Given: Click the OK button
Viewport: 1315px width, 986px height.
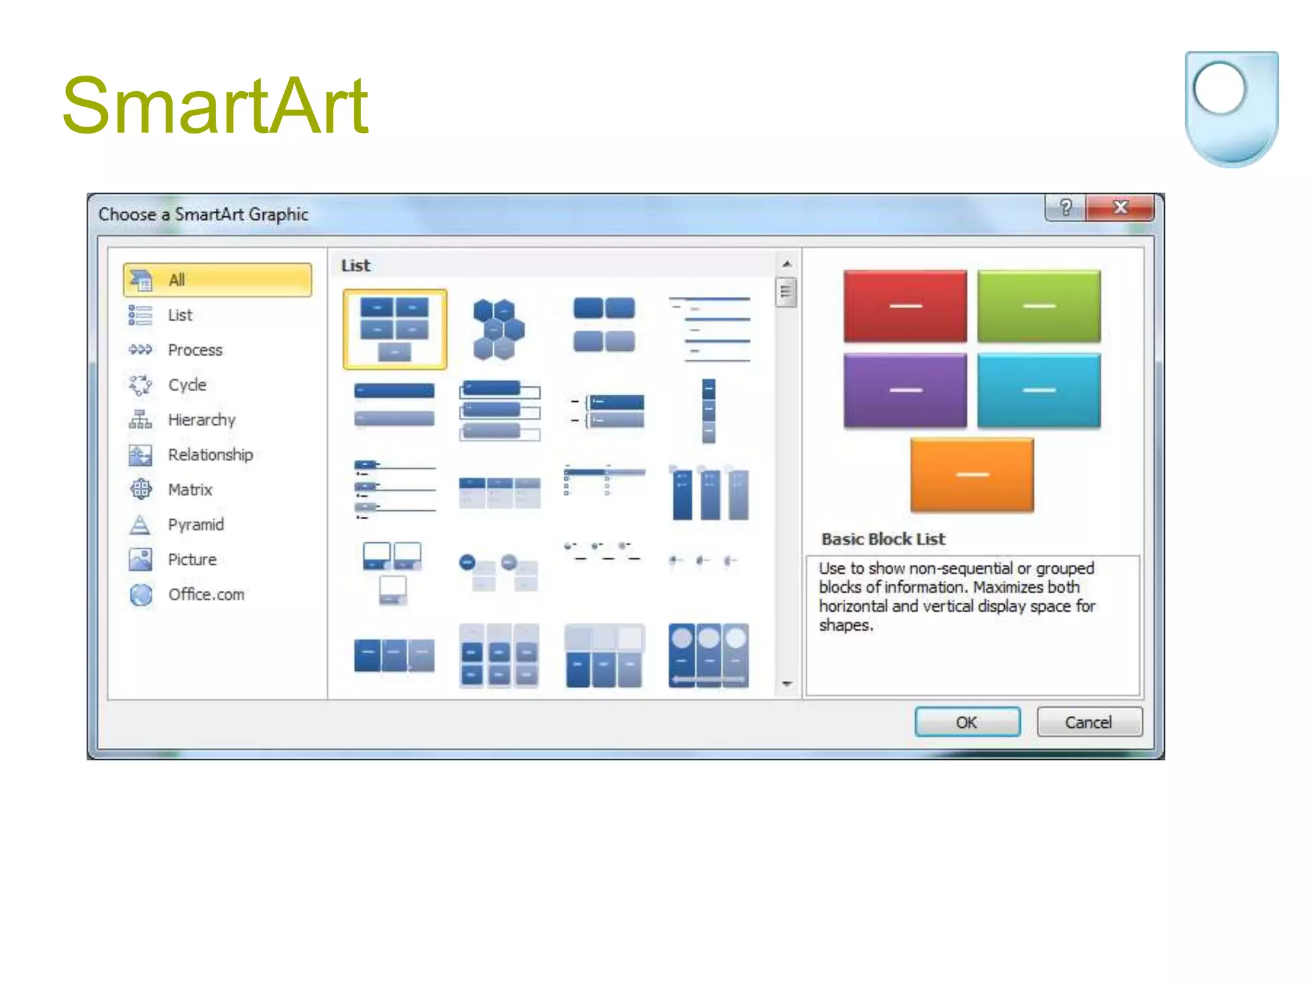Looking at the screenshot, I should tap(967, 722).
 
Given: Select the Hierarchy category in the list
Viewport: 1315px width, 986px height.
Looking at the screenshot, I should tap(201, 420).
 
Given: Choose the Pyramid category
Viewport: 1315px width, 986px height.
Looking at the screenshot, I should tap(195, 524).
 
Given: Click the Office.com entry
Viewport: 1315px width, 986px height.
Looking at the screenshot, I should tap(205, 594).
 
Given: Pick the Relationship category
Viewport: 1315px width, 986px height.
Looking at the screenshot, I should tap(210, 454).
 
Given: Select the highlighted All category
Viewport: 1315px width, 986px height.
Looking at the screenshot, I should tap(217, 280).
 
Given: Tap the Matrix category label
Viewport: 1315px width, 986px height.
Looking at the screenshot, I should tap(189, 490).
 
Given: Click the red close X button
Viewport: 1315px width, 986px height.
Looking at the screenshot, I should tap(1120, 207).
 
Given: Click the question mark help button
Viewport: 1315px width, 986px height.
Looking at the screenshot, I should tap(1066, 207).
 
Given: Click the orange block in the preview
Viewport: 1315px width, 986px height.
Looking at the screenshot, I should tap(971, 474).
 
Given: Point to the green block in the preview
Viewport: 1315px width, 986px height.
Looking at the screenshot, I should tap(1038, 306).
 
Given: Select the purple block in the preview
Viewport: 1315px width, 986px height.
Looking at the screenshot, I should tap(905, 390).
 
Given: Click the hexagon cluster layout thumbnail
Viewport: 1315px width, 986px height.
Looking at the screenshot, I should tap(498, 329).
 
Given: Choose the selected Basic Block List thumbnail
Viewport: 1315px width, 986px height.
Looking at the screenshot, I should tap(394, 329).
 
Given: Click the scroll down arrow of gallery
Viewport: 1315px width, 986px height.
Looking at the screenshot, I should tap(787, 684).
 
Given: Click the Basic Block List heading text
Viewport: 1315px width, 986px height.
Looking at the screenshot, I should tap(883, 539).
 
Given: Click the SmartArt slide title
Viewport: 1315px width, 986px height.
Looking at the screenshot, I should tap(215, 106).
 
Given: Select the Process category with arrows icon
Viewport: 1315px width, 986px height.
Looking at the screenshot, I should tap(195, 350).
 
